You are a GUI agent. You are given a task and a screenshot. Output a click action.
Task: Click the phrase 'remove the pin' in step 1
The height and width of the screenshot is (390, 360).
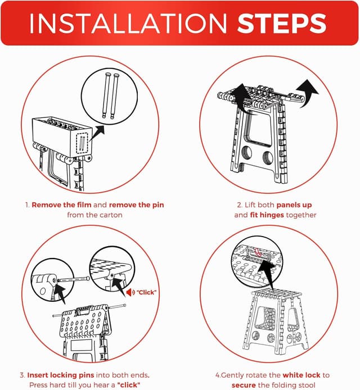coord(136,205)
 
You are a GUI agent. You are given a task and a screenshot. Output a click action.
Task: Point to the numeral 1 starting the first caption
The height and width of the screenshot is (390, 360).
coord(26,205)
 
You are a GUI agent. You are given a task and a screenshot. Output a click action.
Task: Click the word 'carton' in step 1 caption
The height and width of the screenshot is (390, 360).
coord(111,215)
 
